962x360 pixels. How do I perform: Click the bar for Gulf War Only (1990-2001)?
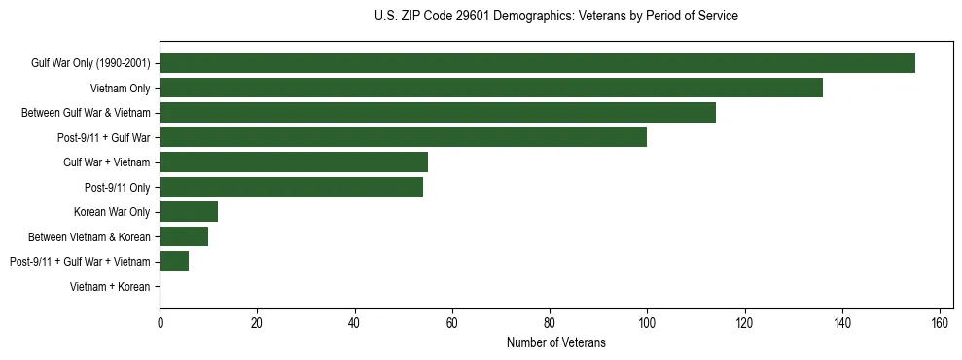(x=537, y=63)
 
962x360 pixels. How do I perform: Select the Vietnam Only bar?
(x=491, y=88)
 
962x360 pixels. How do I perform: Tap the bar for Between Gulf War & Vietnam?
(x=438, y=113)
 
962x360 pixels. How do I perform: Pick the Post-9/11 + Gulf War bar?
(x=403, y=137)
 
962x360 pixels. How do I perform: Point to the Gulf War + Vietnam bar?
(x=294, y=162)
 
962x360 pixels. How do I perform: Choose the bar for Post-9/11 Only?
(x=291, y=187)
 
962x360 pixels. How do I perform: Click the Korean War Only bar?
(x=189, y=211)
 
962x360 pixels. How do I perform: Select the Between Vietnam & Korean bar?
(x=184, y=236)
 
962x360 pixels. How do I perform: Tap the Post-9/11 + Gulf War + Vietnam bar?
(x=174, y=261)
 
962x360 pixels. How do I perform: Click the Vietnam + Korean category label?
(x=110, y=286)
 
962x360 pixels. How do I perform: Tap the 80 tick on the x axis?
(x=550, y=323)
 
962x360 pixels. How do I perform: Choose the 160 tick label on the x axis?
(x=940, y=323)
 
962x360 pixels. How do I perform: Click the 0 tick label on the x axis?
(x=160, y=323)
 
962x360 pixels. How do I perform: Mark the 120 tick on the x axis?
(x=744, y=323)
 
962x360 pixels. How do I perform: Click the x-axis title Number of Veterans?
(x=555, y=342)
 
